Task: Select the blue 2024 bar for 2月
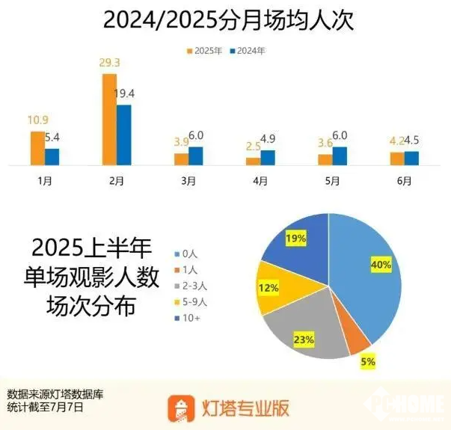pos(124,135)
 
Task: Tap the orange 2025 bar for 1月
pos(37,148)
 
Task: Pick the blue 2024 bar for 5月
pos(340,156)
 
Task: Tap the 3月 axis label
pos(189,181)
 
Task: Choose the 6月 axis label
pos(405,181)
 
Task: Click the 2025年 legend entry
pos(205,51)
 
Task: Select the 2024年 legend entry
pos(248,51)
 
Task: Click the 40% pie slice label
pos(381,263)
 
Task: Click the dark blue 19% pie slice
pos(299,239)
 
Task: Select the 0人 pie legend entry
pos(186,254)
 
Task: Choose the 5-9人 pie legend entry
pos(190,304)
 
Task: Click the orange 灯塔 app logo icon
pos(183,408)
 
